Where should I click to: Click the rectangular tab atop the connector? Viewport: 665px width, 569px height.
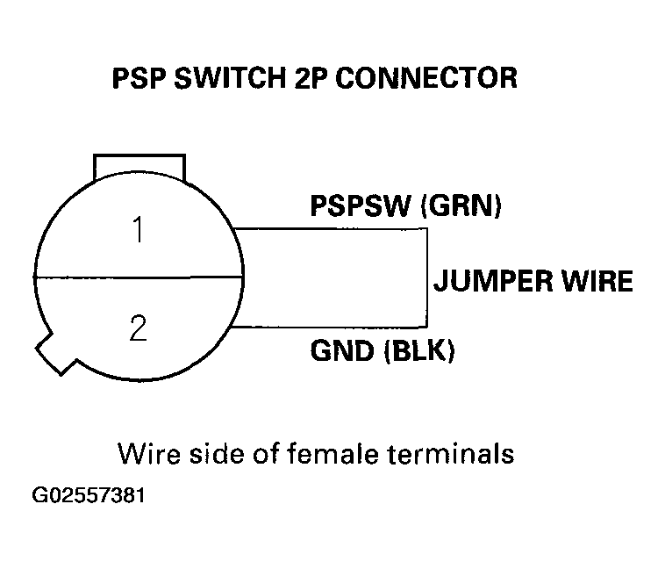[x=139, y=166]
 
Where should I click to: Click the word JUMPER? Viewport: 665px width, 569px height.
[x=491, y=281]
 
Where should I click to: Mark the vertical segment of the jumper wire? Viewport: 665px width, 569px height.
[x=428, y=277]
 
